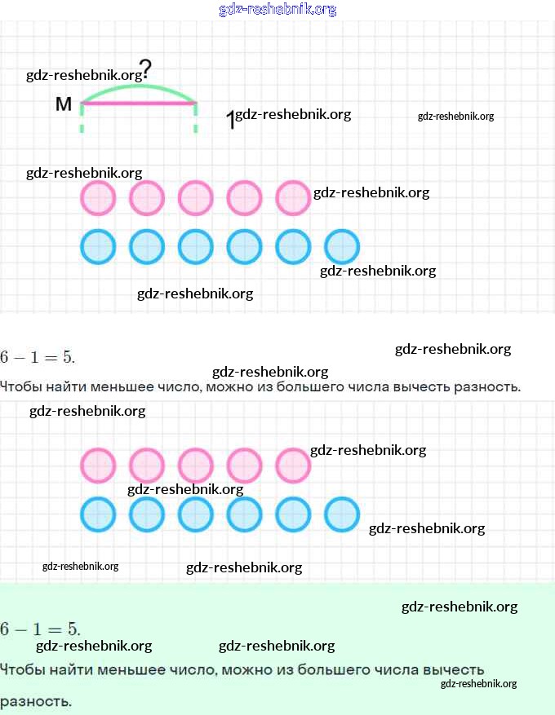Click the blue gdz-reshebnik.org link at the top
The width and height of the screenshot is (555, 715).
click(277, 9)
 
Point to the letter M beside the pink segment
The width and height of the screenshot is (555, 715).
click(64, 104)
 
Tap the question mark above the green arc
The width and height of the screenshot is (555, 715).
click(145, 70)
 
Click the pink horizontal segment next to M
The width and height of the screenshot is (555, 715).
click(139, 104)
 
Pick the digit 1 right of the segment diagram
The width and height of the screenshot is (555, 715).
click(230, 121)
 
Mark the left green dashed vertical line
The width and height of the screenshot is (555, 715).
click(82, 117)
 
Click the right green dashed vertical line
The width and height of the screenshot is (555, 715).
click(196, 117)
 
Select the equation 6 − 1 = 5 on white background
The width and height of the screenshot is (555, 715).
click(38, 356)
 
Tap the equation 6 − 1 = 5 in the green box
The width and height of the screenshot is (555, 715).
click(40, 629)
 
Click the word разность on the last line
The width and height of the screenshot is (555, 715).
click(36, 701)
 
